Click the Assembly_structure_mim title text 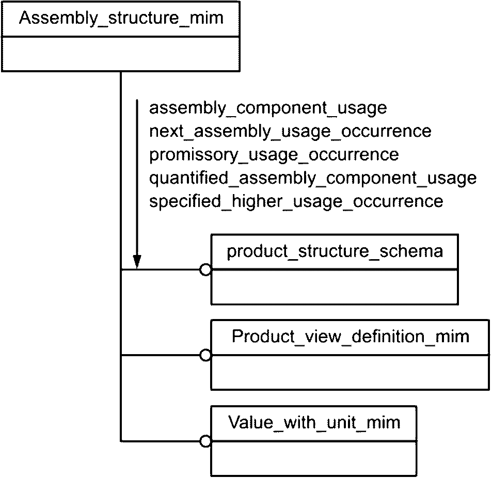[x=121, y=18]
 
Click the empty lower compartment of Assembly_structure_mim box [x=121, y=54]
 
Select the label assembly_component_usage [x=268, y=108]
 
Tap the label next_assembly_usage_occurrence [x=290, y=132]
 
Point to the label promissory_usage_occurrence [x=274, y=155]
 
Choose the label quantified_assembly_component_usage [x=313, y=179]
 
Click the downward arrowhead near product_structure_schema [x=137, y=262]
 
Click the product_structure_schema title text [x=335, y=251]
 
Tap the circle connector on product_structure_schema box [x=205, y=269]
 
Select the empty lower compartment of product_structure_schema [x=335, y=286]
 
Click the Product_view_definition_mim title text [x=351, y=337]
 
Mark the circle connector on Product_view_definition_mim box [x=205, y=355]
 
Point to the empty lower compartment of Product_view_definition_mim [x=350, y=372]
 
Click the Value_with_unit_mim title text [x=314, y=423]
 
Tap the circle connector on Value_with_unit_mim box [x=205, y=441]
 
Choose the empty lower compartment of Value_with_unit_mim [x=314, y=458]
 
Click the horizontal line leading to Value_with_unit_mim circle [x=160, y=441]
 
